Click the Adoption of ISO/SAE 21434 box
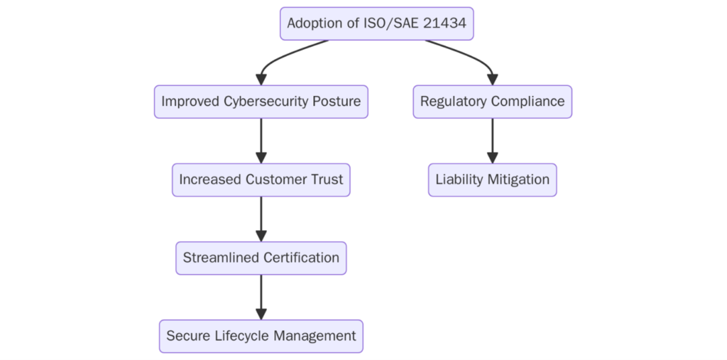[376, 23]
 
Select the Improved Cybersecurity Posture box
[261, 102]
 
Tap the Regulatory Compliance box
[492, 102]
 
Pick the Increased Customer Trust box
[261, 180]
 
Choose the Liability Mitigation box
[492, 180]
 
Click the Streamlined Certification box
[261, 258]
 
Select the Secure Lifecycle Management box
[261, 336]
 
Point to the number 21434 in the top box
[446, 23]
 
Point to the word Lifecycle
[241, 336]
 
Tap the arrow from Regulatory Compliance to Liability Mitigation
[492, 141]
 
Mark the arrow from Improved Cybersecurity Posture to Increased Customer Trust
[261, 141]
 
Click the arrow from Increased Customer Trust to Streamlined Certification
[261, 219]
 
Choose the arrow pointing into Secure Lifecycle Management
[261, 297]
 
